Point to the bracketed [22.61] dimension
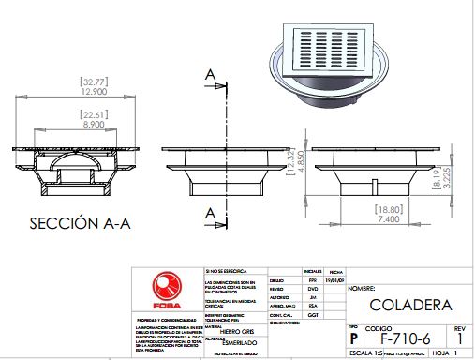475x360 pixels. point(92,114)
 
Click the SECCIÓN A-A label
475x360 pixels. point(75,224)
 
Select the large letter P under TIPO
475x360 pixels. point(353,337)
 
